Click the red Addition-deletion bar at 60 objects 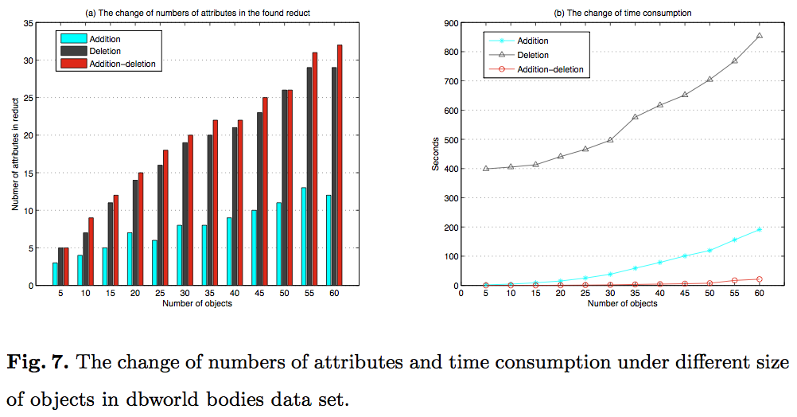(340, 165)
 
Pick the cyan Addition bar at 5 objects (55, 274)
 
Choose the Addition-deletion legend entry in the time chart (550, 70)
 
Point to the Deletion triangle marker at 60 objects (759, 36)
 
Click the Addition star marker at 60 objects (759, 229)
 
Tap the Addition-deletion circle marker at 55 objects (734, 280)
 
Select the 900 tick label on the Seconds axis (449, 23)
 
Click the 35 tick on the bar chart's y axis (28, 23)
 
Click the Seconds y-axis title (435, 154)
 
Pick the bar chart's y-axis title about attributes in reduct (15, 154)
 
